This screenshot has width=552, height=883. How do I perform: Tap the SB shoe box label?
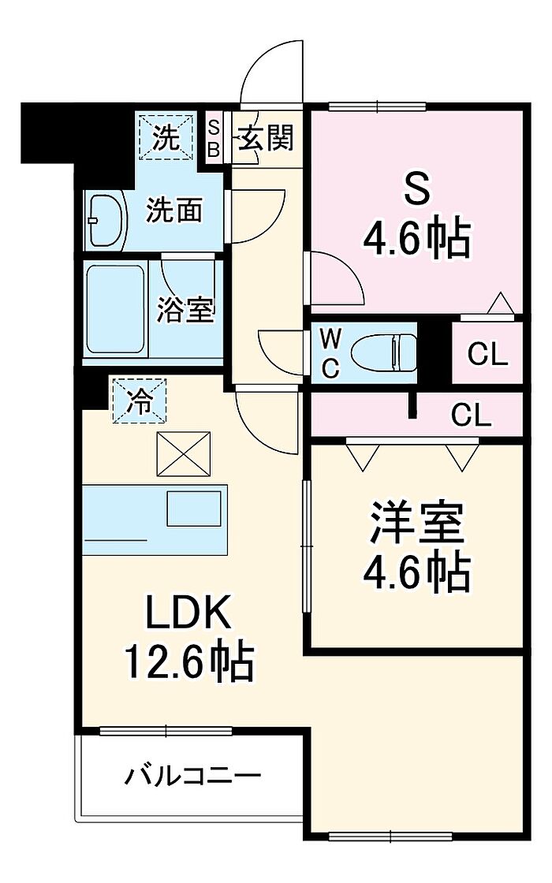pyautogui.click(x=214, y=138)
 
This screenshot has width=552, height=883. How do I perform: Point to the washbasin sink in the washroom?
pyautogui.click(x=107, y=222)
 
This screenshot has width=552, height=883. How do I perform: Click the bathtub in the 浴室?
pyautogui.click(x=115, y=308)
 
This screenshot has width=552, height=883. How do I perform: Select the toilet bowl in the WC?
pyautogui.click(x=384, y=352)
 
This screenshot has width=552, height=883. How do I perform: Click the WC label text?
pyautogui.click(x=330, y=353)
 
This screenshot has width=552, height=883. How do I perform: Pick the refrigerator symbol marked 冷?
pyautogui.click(x=140, y=401)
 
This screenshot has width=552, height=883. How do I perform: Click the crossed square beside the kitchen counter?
pyautogui.click(x=183, y=453)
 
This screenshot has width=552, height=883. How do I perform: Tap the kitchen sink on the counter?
pyautogui.click(x=193, y=509)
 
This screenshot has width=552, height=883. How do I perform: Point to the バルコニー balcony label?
pyautogui.click(x=192, y=777)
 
